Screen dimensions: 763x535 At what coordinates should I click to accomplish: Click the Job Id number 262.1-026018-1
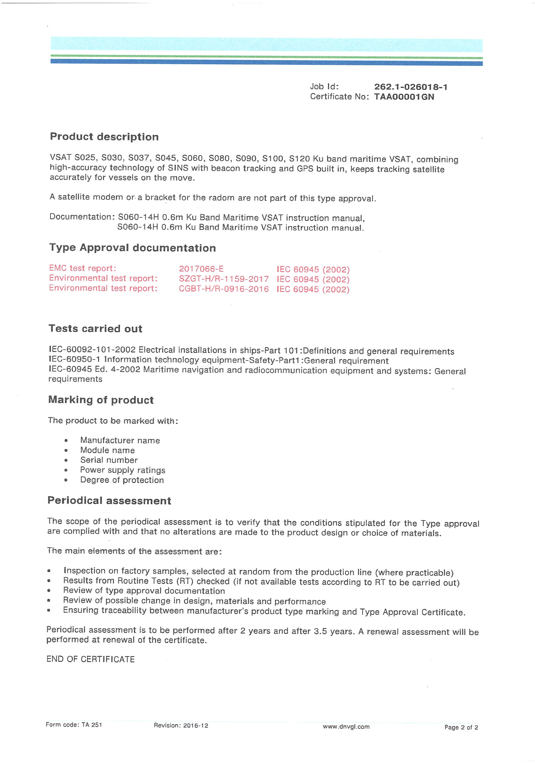pyautogui.click(x=411, y=87)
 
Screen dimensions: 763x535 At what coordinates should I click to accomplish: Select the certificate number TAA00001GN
pyautogui.click(x=404, y=97)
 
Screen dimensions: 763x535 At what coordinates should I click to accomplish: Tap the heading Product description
pyautogui.click(x=104, y=137)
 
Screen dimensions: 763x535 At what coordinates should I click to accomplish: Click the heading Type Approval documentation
pyautogui.click(x=132, y=248)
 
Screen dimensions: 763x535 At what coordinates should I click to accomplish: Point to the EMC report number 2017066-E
pyautogui.click(x=201, y=269)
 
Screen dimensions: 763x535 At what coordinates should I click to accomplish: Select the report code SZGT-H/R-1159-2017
pyautogui.click(x=223, y=278)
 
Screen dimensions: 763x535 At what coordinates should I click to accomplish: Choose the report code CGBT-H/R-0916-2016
pyautogui.click(x=223, y=288)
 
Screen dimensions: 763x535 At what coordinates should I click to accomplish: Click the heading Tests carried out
pyautogui.click(x=95, y=328)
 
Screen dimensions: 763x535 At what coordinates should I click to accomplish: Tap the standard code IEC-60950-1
pyautogui.click(x=74, y=359)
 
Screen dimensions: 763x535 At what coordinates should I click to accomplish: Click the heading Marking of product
pyautogui.click(x=101, y=399)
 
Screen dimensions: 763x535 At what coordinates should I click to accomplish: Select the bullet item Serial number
pyautogui.click(x=109, y=460)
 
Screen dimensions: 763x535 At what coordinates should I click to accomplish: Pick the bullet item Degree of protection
pyautogui.click(x=122, y=480)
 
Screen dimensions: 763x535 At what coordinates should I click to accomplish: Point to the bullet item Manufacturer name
pyautogui.click(x=120, y=440)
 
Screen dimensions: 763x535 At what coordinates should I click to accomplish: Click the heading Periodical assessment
pyautogui.click(x=109, y=501)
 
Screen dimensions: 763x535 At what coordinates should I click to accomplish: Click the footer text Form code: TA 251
pyautogui.click(x=74, y=725)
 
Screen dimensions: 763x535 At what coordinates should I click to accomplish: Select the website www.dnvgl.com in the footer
pyautogui.click(x=346, y=726)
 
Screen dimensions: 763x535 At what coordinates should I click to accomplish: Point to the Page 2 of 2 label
pyautogui.click(x=461, y=727)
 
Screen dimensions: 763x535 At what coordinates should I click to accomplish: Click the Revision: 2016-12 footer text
pyautogui.click(x=181, y=725)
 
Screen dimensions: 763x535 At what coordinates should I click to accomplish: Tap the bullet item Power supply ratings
pyautogui.click(x=122, y=470)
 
